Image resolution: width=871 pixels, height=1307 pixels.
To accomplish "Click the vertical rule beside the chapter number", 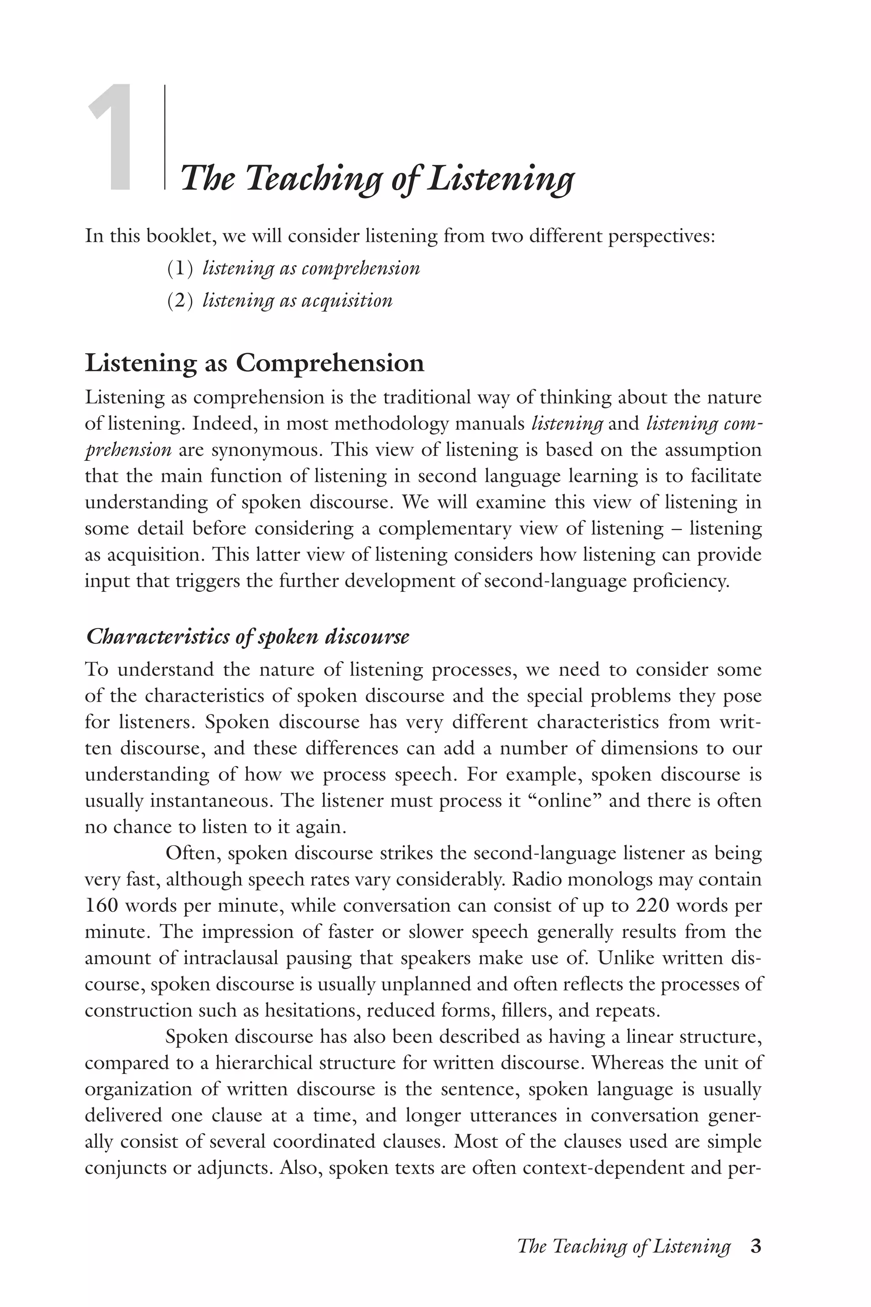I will [165, 137].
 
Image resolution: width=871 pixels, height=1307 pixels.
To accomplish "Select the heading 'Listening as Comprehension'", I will [254, 363].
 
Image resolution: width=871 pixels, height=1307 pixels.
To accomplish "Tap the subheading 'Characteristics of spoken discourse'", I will [248, 637].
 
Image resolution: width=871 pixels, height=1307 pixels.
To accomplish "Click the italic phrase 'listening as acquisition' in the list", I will [298, 301].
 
